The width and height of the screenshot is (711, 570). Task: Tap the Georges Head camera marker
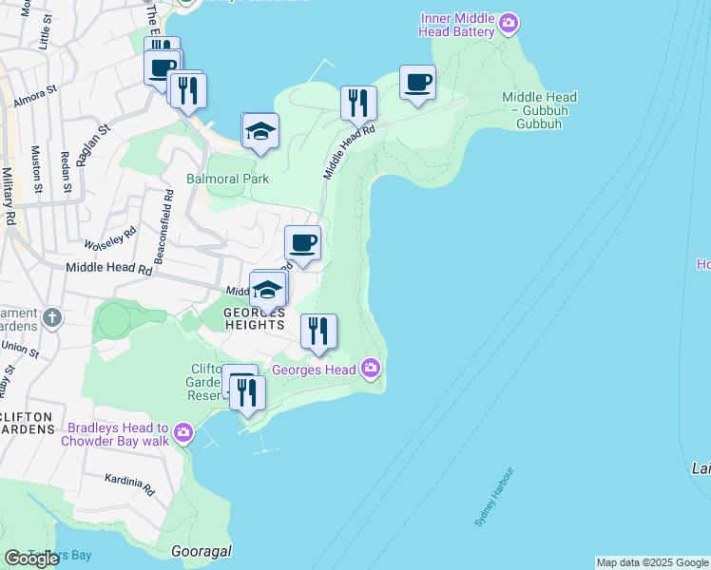click(x=371, y=369)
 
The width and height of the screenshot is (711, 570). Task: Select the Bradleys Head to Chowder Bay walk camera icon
click(x=183, y=434)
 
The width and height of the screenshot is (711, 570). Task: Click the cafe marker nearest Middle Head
click(x=417, y=83)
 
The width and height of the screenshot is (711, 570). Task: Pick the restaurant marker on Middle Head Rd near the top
click(x=358, y=104)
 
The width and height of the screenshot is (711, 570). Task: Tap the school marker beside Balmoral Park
click(x=260, y=132)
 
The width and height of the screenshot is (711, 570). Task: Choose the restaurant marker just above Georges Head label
click(x=318, y=332)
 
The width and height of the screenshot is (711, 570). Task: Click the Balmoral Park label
click(x=227, y=179)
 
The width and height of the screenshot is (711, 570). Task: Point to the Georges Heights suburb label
click(x=255, y=318)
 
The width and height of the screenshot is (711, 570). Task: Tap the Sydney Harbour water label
click(x=493, y=497)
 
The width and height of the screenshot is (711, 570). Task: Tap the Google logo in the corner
click(x=31, y=559)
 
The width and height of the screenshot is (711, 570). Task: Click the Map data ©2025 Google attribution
click(x=652, y=562)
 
